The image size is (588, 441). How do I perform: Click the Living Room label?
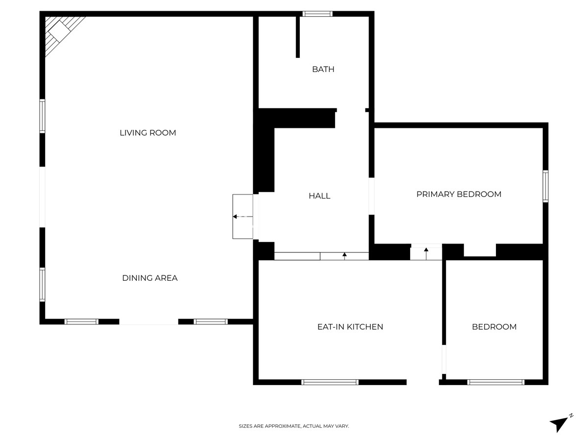click(147, 133)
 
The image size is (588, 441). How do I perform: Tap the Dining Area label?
click(149, 278)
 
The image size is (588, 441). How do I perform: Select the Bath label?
click(323, 69)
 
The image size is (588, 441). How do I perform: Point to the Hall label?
click(319, 196)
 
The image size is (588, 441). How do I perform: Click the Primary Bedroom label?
click(459, 194)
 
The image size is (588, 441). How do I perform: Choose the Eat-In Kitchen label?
click(350, 327)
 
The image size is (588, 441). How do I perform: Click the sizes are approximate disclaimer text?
click(294, 426)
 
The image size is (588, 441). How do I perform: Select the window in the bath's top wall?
click(318, 14)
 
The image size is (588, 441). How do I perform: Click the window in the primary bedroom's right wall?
click(545, 186)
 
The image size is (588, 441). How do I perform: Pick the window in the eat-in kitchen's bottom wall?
click(330, 382)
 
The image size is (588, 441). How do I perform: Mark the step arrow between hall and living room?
click(242, 216)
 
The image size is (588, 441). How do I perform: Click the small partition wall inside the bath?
click(297, 37)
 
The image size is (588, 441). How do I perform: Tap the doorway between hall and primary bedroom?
click(371, 196)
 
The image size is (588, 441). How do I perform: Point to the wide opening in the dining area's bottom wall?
click(148, 321)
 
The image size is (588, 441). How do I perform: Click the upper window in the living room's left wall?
click(42, 116)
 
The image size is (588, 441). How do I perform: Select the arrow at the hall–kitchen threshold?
click(344, 255)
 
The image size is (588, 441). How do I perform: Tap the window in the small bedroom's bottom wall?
click(496, 382)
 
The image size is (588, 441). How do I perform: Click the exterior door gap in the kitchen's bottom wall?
click(422, 382)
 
